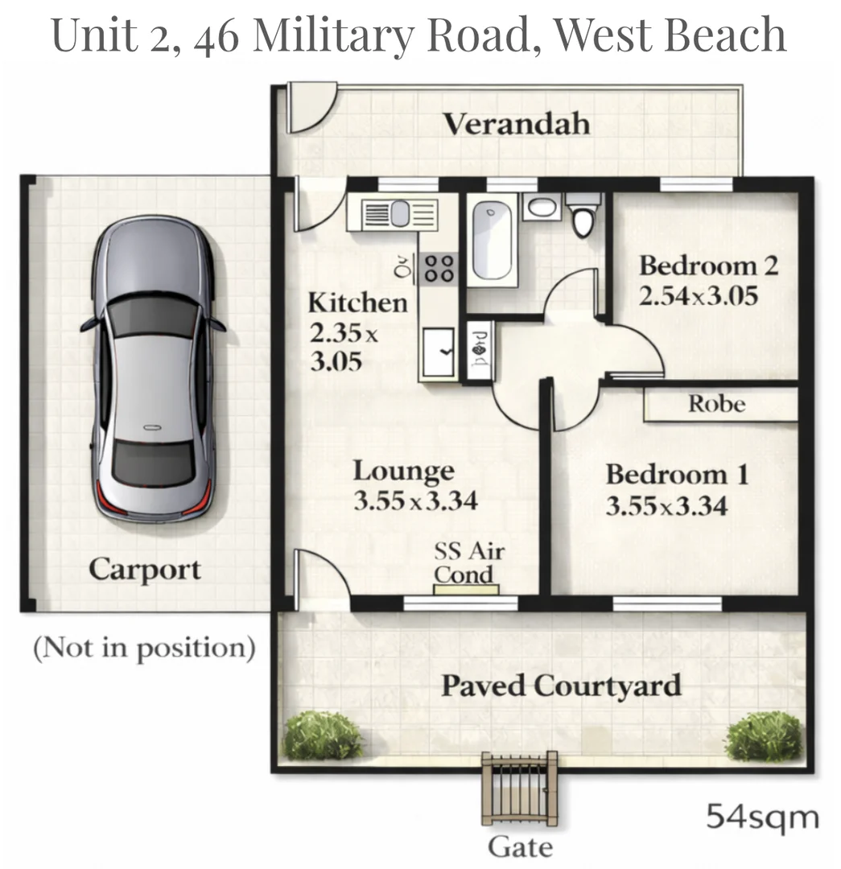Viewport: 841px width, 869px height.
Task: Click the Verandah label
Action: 517,125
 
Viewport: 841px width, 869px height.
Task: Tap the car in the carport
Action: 154,370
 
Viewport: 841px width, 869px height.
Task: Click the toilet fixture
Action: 583,215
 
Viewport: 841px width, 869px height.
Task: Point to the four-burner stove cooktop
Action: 439,267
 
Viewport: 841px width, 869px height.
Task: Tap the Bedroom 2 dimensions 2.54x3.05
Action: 699,296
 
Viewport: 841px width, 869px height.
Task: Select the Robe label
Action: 717,404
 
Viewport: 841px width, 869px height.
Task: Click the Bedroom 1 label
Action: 677,474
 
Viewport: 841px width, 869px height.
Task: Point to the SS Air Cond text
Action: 468,562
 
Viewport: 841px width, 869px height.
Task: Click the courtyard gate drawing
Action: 519,793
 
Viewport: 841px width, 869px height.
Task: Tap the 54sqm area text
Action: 762,818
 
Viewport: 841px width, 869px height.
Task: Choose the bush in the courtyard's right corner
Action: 765,737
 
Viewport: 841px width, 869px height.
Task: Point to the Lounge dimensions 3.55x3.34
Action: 415,501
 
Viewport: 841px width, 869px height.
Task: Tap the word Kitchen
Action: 357,303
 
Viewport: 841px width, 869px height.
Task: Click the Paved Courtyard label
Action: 561,686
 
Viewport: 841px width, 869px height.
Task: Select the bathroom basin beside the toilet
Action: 541,207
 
